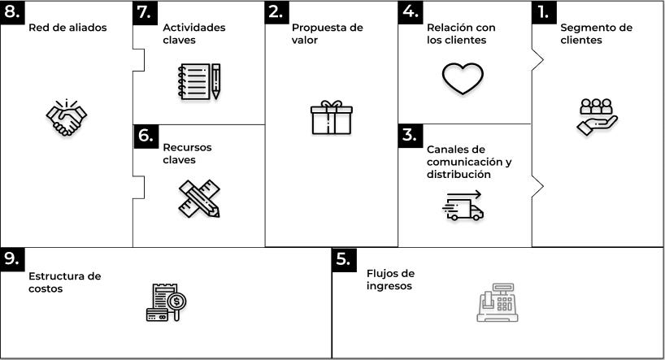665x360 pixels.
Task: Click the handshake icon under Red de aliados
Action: (x=66, y=118)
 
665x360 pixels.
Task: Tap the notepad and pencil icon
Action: (x=199, y=81)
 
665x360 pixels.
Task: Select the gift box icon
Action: (x=332, y=117)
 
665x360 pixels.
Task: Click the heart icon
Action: (x=463, y=78)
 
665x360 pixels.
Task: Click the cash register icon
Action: (x=497, y=303)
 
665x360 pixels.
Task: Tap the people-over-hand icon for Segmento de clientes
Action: (x=598, y=116)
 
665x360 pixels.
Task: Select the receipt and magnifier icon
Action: (x=167, y=302)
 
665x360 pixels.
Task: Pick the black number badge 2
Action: (x=276, y=11)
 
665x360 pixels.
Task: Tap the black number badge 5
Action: (x=344, y=258)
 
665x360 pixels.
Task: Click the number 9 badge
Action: (x=11, y=258)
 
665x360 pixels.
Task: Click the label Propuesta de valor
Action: (x=327, y=33)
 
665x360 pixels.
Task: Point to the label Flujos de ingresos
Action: (x=390, y=280)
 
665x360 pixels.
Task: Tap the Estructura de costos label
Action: (x=64, y=282)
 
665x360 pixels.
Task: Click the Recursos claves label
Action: (x=187, y=154)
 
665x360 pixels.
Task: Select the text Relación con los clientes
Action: (x=461, y=33)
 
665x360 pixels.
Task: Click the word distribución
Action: (x=459, y=174)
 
